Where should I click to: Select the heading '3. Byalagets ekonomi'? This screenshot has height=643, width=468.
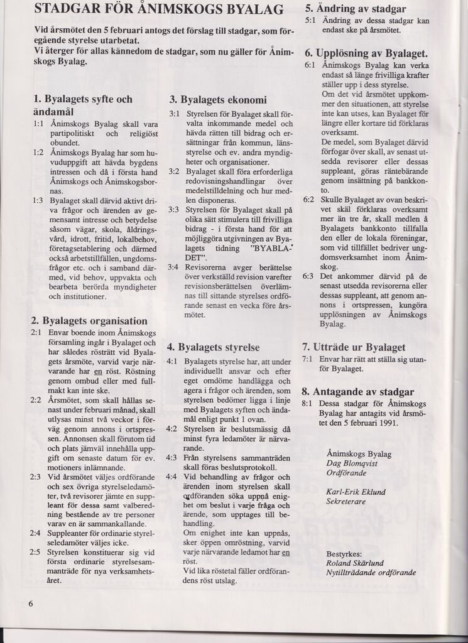[218, 99]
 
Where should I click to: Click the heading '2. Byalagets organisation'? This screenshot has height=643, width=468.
[89, 320]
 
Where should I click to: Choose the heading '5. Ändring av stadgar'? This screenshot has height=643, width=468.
[355, 9]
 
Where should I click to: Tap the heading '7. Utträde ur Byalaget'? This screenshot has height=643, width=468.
[354, 347]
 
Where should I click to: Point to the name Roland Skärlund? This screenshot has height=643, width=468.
[356, 563]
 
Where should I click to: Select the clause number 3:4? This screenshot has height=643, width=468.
[173, 267]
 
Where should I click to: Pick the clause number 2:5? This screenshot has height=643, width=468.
[35, 552]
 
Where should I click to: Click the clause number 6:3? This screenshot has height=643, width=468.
[308, 276]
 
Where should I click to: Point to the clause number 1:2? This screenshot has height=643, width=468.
[38, 152]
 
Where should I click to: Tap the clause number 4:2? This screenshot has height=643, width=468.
[171, 428]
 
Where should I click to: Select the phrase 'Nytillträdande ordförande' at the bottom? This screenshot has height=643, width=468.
[371, 573]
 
